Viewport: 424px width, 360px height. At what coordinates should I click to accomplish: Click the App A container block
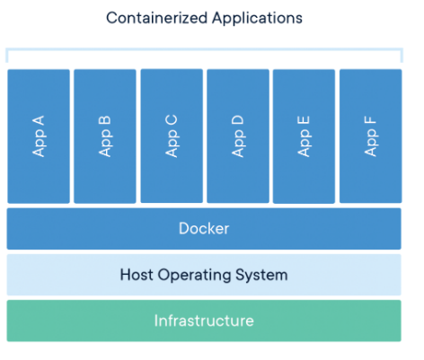coord(39,136)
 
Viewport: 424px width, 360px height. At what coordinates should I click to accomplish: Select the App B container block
coord(105,136)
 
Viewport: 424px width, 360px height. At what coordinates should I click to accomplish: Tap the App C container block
coord(172,136)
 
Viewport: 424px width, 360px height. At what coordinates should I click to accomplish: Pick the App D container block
coord(238,136)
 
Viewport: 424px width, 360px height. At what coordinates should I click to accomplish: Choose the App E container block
coord(304,136)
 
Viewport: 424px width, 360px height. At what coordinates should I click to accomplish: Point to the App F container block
coord(371,136)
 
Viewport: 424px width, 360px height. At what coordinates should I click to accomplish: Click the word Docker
coord(204,229)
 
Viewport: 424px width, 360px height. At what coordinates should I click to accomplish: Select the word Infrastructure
coord(204,320)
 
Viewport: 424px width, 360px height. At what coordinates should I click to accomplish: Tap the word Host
coord(137,275)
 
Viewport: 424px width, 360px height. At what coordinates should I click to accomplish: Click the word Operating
coord(194,276)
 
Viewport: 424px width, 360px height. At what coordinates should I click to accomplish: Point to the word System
coord(261,276)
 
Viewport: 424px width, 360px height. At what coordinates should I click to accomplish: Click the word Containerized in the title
coord(157,18)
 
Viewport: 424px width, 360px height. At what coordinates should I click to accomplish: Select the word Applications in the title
coord(258,19)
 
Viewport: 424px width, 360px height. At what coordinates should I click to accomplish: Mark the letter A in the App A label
coord(39,120)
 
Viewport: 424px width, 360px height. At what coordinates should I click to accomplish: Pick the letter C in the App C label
coord(172,120)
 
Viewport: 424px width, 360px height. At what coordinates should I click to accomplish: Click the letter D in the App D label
coord(238,120)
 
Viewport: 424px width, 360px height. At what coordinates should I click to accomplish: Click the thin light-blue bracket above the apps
coord(204,49)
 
